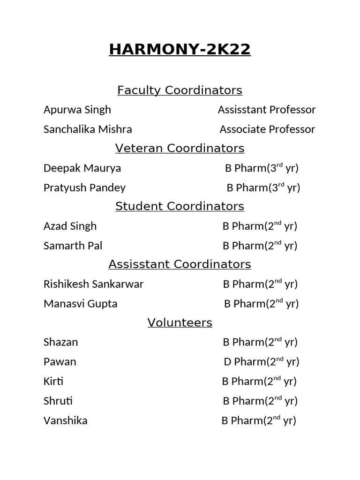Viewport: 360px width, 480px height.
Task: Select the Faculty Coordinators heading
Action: [x=180, y=90]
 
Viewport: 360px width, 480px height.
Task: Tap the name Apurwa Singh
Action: [x=77, y=110]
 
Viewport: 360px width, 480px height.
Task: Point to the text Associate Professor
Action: [x=267, y=129]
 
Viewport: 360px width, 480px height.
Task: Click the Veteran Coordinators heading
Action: [x=180, y=149]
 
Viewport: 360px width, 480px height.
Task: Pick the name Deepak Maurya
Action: [x=82, y=168]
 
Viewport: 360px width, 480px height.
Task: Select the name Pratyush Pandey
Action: [x=84, y=188]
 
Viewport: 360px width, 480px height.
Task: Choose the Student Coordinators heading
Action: [x=180, y=206]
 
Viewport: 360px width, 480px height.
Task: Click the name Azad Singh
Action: [x=70, y=226]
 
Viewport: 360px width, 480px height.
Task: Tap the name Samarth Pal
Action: [x=73, y=246]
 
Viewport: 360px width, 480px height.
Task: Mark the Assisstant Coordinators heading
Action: [x=180, y=264]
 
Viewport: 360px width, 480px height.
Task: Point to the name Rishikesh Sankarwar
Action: [x=93, y=284]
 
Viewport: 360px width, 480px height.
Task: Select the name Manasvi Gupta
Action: [x=80, y=304]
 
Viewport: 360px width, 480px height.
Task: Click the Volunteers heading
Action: [x=180, y=322]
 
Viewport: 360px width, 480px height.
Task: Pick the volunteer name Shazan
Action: [x=60, y=342]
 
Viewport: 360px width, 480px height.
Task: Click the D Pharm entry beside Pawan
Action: [x=261, y=362]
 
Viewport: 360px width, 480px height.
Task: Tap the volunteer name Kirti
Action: [x=53, y=382]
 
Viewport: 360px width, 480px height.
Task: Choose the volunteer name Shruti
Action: [x=58, y=401]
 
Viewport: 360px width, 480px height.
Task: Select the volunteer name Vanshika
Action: [x=65, y=421]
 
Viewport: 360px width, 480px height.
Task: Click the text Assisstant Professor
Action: [x=267, y=110]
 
